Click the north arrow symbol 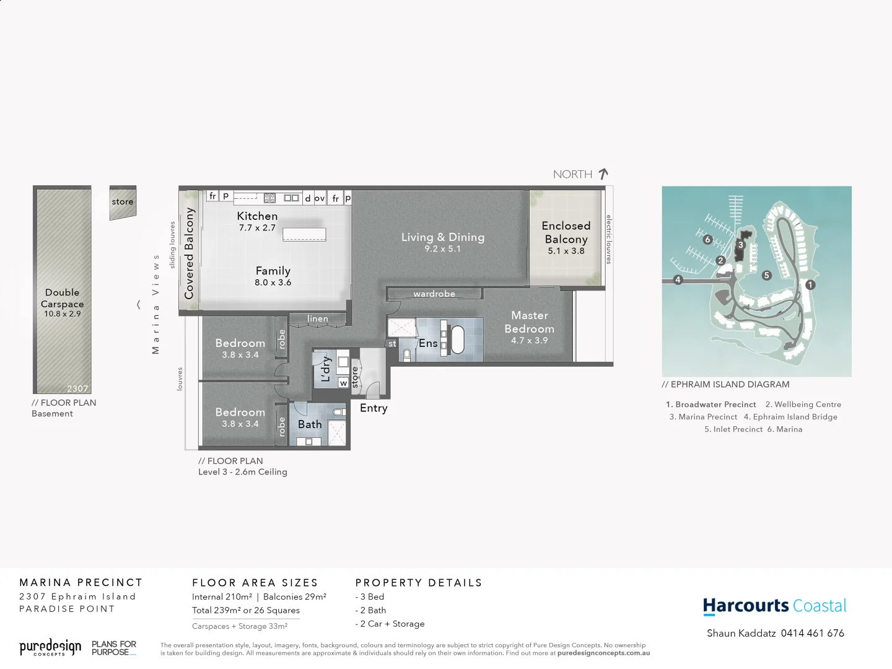coord(603,174)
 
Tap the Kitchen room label coord(257,216)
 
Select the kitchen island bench coord(304,234)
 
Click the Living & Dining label coord(442,237)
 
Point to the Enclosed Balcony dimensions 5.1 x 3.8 coord(566,251)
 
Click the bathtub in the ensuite coord(457,339)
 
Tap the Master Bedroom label coord(529,322)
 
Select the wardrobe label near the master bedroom coord(434,294)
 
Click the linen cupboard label coord(318,318)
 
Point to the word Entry coord(374,408)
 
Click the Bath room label coord(310,424)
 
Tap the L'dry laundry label coord(326,369)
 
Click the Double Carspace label coord(62,298)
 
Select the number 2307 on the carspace coord(77,388)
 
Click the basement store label coord(123,201)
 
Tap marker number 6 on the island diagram coord(707,239)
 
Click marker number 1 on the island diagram coord(810,285)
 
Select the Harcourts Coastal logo coord(774,606)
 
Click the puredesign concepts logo coord(50,648)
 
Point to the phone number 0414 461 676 coord(812,633)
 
